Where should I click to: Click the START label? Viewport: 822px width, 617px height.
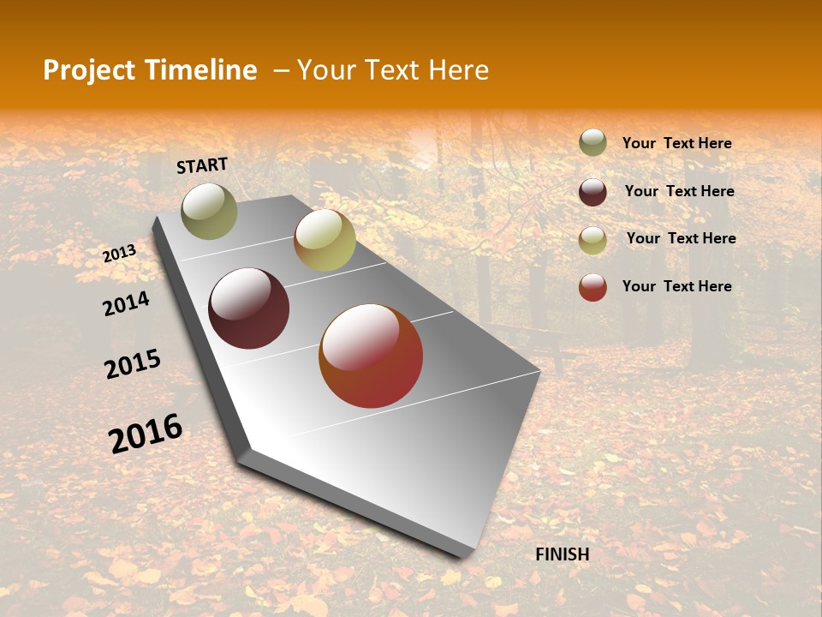click(x=202, y=165)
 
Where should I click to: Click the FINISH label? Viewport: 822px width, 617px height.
click(x=562, y=554)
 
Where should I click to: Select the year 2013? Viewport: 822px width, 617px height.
click(x=120, y=253)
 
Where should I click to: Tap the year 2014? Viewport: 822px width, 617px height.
click(x=126, y=303)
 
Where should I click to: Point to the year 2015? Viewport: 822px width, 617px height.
click(x=133, y=364)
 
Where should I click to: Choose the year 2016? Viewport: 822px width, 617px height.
click(x=146, y=433)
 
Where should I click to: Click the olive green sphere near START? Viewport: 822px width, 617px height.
click(x=210, y=211)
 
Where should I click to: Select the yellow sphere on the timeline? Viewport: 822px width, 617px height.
click(x=325, y=241)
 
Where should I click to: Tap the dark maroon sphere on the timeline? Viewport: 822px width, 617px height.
click(x=249, y=308)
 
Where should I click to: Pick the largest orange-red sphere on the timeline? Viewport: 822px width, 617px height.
click(x=371, y=356)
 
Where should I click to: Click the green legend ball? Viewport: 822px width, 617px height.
click(x=593, y=142)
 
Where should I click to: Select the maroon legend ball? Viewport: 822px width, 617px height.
click(x=593, y=192)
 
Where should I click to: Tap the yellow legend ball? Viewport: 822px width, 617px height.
click(x=593, y=240)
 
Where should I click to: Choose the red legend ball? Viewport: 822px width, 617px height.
click(x=593, y=287)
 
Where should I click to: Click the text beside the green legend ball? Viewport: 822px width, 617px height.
click(x=676, y=143)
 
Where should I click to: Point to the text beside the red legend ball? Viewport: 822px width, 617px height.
click(x=676, y=286)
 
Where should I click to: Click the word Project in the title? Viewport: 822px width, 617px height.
click(x=88, y=70)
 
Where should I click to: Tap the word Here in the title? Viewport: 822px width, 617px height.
click(x=457, y=70)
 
